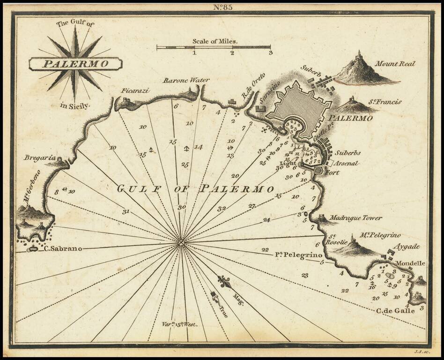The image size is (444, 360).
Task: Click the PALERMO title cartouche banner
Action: pyautogui.click(x=75, y=63)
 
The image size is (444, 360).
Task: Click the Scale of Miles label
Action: pyautogui.click(x=215, y=41)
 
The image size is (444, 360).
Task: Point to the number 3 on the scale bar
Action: pyautogui.click(x=270, y=52)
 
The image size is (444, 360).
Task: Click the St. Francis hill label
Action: pyautogui.click(x=384, y=102)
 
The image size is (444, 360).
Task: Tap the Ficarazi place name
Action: pyautogui.click(x=135, y=90)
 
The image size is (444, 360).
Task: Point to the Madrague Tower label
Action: pyautogui.click(x=355, y=218)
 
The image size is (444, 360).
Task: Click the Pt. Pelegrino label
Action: pyautogui.click(x=299, y=255)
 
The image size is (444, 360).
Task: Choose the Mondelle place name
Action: pyautogui.click(x=410, y=263)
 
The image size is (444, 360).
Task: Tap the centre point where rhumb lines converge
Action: pyautogui.click(x=181, y=242)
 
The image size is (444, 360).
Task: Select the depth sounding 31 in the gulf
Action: pyautogui.click(x=126, y=211)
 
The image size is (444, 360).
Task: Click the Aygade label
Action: pyautogui.click(x=406, y=246)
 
